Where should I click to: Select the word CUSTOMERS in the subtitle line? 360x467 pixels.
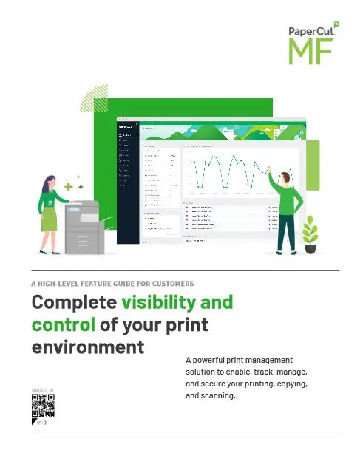[170, 283]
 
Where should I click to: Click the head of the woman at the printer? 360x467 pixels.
[51, 180]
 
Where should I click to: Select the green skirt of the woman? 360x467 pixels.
[50, 219]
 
